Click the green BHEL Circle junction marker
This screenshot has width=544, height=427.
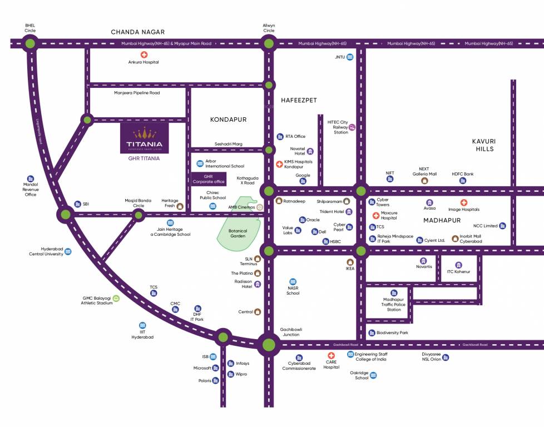[30, 43]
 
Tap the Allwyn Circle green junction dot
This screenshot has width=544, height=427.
[269, 43]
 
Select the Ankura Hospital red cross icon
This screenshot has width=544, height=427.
[144, 54]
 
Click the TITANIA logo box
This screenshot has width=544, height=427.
[144, 138]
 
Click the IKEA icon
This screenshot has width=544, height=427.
[350, 262]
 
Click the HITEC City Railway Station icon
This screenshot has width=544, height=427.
[352, 127]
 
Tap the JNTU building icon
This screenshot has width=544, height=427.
[350, 57]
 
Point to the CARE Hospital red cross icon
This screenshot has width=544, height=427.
[331, 355]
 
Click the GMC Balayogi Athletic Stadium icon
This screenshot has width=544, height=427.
[116, 299]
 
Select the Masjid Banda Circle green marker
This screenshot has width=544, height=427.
[139, 214]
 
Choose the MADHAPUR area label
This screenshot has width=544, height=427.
[442, 221]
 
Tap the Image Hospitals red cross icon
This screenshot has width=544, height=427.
[463, 202]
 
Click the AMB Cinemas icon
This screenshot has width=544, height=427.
[260, 207]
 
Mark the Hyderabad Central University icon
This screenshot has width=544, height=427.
[68, 251]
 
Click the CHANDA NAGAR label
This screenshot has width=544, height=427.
[137, 32]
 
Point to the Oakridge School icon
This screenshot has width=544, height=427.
[374, 375]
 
